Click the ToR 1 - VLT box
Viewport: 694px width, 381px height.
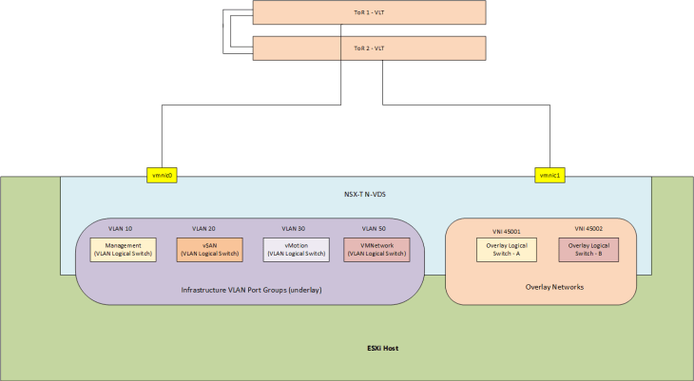pyautogui.click(x=370, y=12)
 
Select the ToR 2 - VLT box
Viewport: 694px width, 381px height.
pyautogui.click(x=370, y=48)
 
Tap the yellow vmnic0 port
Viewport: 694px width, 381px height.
pyautogui.click(x=164, y=175)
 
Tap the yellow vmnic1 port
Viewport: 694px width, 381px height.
pyautogui.click(x=550, y=175)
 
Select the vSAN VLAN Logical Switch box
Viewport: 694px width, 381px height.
pyautogui.click(x=210, y=250)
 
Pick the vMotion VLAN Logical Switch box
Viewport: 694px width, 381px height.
pyautogui.click(x=297, y=250)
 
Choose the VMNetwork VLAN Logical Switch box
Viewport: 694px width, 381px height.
pyautogui.click(x=376, y=250)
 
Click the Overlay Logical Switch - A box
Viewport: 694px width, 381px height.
pyautogui.click(x=506, y=250)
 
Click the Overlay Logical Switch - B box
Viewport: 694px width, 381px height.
pyautogui.click(x=588, y=250)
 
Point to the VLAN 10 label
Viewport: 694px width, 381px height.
pyautogui.click(x=121, y=229)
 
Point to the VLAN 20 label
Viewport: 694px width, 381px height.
pyautogui.click(x=204, y=229)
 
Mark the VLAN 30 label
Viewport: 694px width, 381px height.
pyautogui.click(x=295, y=229)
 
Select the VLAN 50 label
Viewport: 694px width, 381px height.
pyautogui.click(x=375, y=229)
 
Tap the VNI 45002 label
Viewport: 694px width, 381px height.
pyautogui.click(x=588, y=229)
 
